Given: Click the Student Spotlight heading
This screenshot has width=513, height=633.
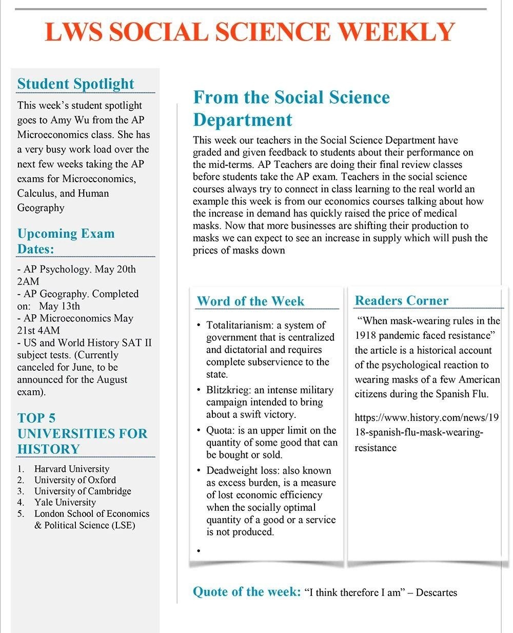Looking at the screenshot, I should tap(75, 84).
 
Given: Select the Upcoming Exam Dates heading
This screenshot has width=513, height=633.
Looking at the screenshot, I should tap(66, 241).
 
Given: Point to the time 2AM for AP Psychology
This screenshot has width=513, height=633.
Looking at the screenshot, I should tap(28, 281).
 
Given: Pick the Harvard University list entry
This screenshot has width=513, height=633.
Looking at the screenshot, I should tap(71, 469).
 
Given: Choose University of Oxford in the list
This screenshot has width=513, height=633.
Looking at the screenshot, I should tap(75, 480).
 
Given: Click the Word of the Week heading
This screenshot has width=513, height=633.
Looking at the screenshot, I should tap(250, 301).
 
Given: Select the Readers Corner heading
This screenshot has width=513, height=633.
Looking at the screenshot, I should tap(401, 300).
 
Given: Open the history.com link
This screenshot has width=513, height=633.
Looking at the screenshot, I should tap(426, 432).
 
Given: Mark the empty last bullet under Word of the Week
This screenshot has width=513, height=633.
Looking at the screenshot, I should tap(199, 550).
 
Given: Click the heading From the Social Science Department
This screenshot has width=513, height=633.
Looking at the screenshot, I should tap(291, 108).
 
